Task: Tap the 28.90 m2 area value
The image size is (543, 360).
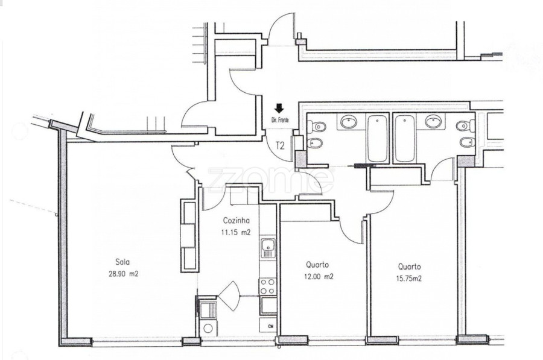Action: point(124,274)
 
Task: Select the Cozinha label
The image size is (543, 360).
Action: point(236,221)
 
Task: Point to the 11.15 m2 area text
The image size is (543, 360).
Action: point(236,232)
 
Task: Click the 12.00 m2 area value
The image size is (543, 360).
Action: point(319,277)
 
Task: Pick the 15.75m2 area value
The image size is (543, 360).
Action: point(409,279)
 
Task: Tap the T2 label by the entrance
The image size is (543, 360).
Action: point(280,146)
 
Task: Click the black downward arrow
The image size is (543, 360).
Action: point(279,109)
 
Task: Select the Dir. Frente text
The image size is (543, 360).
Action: point(279,120)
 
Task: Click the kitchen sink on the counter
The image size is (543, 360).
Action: point(268,248)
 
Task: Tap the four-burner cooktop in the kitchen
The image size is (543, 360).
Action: point(268,286)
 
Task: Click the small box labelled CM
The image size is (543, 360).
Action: point(268,326)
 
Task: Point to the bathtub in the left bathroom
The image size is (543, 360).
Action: point(378,139)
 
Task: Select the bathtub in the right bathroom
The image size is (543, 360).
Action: point(405,139)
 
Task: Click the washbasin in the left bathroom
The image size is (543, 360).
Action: point(349,122)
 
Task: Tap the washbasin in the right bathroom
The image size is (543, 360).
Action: point(433,121)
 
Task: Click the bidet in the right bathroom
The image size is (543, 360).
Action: point(467,142)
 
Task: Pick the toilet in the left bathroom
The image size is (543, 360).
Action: point(316,127)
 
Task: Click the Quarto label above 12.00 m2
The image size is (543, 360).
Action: point(317,265)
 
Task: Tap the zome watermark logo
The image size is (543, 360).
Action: point(271,180)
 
